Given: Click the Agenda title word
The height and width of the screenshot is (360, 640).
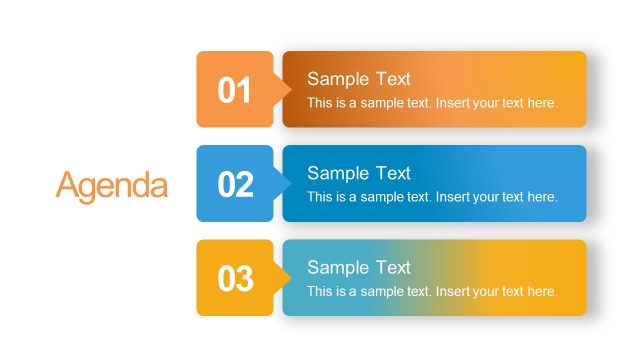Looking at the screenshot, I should coord(112,185).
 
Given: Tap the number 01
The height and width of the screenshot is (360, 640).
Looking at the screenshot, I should coord(235,91).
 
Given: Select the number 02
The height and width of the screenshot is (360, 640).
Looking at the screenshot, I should coord(236,185).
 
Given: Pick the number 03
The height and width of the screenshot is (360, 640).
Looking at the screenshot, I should coord(236,279).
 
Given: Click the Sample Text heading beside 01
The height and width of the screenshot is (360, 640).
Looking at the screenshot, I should coord(359,79).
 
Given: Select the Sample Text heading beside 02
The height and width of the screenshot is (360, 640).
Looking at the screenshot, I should coord(359,173).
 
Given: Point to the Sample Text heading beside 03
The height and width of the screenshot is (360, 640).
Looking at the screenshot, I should coord(359,267).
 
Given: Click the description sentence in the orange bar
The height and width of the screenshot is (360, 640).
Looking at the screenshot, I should coord(432,103).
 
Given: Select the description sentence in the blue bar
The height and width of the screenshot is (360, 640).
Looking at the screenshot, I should coord(432,197).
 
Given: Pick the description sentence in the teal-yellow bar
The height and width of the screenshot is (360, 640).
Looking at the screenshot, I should coord(432,291).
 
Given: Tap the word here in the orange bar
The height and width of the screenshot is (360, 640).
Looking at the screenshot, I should coord(541,103).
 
